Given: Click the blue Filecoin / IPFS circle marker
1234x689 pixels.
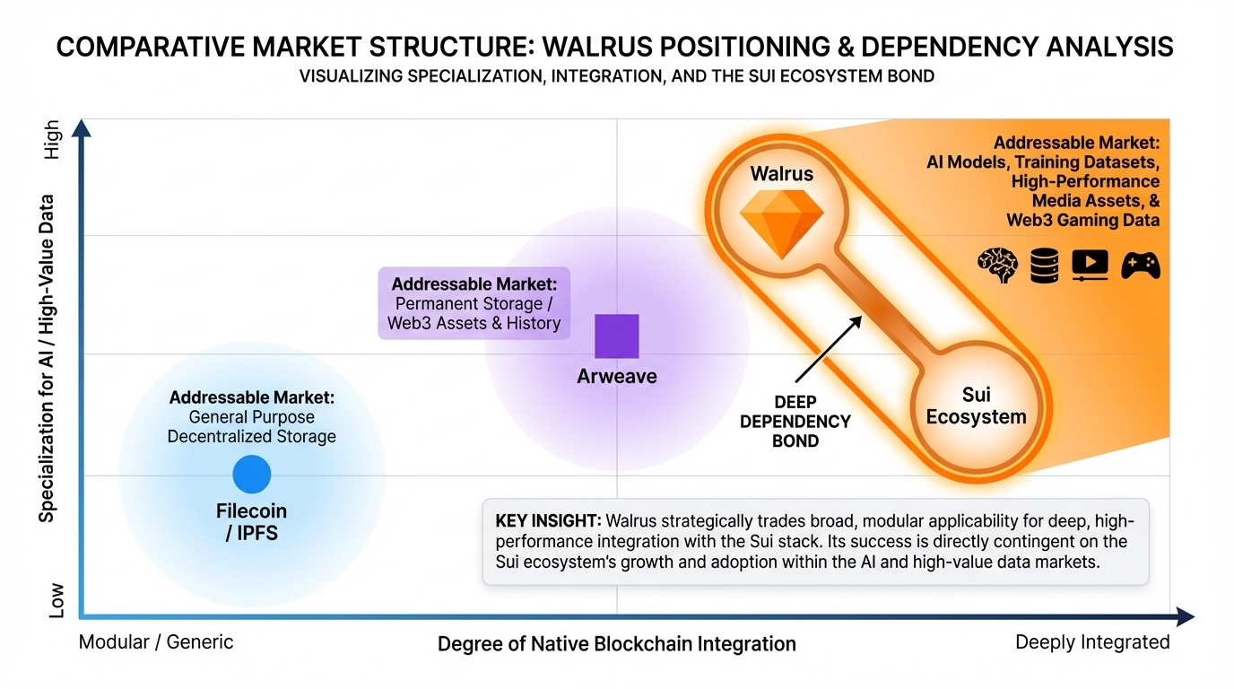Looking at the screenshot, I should (x=251, y=474).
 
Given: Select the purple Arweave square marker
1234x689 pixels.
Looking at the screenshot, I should (x=617, y=336).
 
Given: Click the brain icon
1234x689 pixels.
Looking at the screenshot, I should (x=997, y=266).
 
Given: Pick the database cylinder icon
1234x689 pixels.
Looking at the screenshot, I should (x=1044, y=266).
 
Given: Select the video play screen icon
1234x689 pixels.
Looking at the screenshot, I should (x=1090, y=266).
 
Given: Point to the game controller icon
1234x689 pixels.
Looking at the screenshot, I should (x=1141, y=266).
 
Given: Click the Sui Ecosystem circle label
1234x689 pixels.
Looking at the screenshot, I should (x=976, y=406).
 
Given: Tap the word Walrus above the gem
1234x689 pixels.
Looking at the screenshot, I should (x=781, y=174).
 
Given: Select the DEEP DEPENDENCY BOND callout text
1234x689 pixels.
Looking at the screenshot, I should (x=795, y=421).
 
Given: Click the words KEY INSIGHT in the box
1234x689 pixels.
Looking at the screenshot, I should (x=548, y=520).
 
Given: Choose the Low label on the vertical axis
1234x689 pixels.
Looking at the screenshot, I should (x=55, y=599).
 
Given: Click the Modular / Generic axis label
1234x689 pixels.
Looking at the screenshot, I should (x=156, y=642).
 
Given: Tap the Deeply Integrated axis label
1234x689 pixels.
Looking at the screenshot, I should (x=1091, y=642).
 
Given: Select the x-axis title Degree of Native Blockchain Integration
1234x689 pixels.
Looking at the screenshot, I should (x=616, y=644).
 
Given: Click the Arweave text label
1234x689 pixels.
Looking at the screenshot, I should (x=617, y=377).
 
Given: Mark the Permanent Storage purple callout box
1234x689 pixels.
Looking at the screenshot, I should (x=474, y=303).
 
